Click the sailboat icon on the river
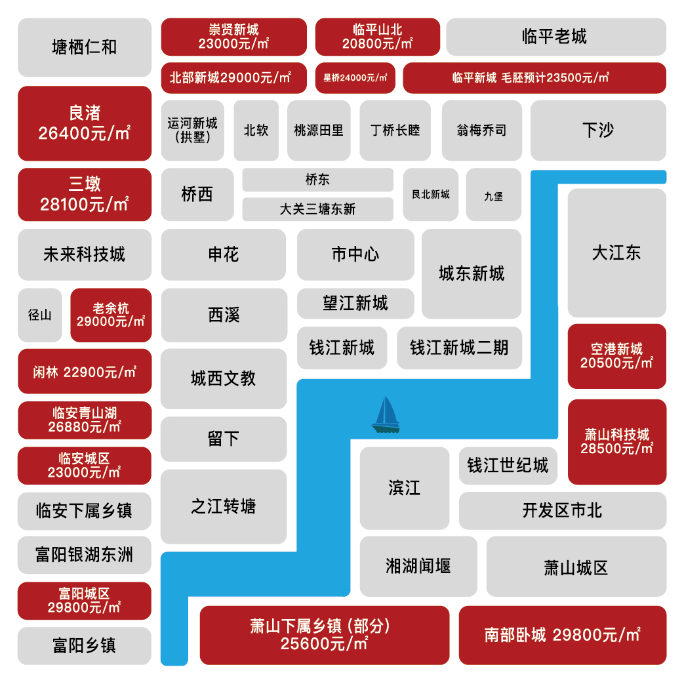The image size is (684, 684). point(386,415)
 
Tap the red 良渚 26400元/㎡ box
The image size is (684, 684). point(85,123)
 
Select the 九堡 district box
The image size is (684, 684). point(493,195)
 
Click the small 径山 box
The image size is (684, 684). point(40,315)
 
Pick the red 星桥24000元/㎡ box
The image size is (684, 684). point(355,78)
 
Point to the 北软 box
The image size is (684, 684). point(256,131)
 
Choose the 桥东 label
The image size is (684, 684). point(317,180)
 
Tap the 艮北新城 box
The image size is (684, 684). point(431,195)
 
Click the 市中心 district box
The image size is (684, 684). point(355,254)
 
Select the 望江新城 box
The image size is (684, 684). point(355,303)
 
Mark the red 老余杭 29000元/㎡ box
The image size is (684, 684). point(111,315)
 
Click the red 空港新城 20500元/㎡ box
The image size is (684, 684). point(617,356)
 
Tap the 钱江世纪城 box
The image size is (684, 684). point(508,466)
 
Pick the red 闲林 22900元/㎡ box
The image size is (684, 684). point(85,372)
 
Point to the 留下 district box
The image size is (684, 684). point(224,439)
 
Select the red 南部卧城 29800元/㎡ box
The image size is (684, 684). point(563,635)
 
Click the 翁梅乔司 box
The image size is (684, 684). point(481,131)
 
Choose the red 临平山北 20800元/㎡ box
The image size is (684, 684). point(377,37)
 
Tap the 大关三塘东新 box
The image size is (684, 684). point(317,209)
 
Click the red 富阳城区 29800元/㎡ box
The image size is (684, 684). point(84,601)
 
